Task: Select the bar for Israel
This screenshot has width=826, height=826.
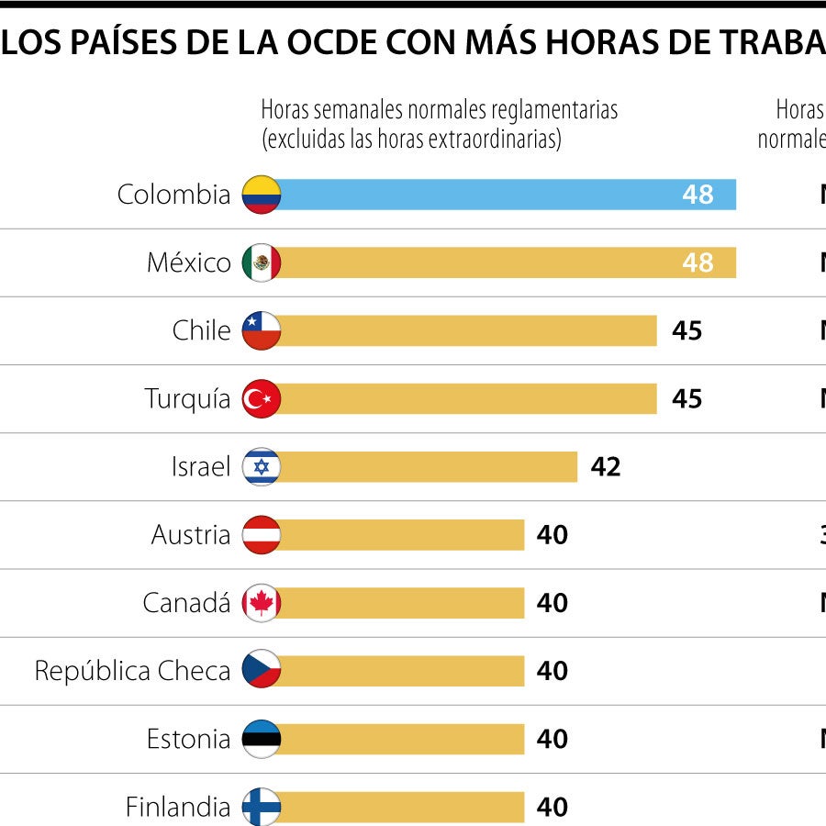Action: coord(427,467)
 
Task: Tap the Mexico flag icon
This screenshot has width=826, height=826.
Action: coord(262,263)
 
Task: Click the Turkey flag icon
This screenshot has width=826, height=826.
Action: coord(262,399)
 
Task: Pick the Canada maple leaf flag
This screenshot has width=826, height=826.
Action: coord(262,603)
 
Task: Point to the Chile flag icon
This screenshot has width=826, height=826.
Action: coord(262,331)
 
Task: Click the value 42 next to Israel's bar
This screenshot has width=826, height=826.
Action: coord(606,467)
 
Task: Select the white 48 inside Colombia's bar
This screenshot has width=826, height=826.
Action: coord(698,195)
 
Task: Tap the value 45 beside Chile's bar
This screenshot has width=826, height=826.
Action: coord(686,331)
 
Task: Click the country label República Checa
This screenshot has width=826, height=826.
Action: coord(132,671)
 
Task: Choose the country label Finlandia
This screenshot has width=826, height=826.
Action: coord(178,807)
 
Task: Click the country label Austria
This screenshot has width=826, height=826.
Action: coord(191,535)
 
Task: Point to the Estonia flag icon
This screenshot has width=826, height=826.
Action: coord(262,739)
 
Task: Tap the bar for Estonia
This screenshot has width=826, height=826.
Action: coord(399,739)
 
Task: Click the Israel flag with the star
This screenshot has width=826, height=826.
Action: coord(262,467)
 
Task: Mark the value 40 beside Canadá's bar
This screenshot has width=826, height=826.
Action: coord(553,603)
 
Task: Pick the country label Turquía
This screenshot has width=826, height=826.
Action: coord(187,399)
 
